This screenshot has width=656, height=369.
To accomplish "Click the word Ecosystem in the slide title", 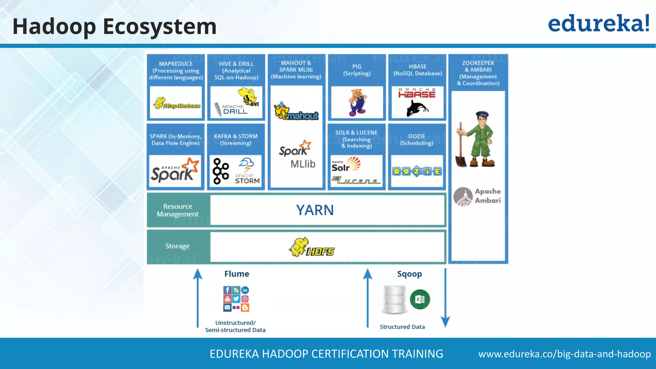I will (160, 26).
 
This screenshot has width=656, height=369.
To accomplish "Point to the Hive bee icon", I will (248, 96).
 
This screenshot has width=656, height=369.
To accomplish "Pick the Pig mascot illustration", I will (357, 102).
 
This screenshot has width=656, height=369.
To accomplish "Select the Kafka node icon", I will (221, 171).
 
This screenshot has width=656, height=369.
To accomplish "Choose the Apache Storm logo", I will (247, 171).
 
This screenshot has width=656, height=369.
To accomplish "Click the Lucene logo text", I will (356, 181).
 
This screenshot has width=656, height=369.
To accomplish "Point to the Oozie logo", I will (417, 171).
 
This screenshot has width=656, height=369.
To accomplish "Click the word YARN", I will (315, 210).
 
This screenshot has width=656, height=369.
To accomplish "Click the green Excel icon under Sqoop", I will (420, 299).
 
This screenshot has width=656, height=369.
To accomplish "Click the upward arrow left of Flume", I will (198, 298).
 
